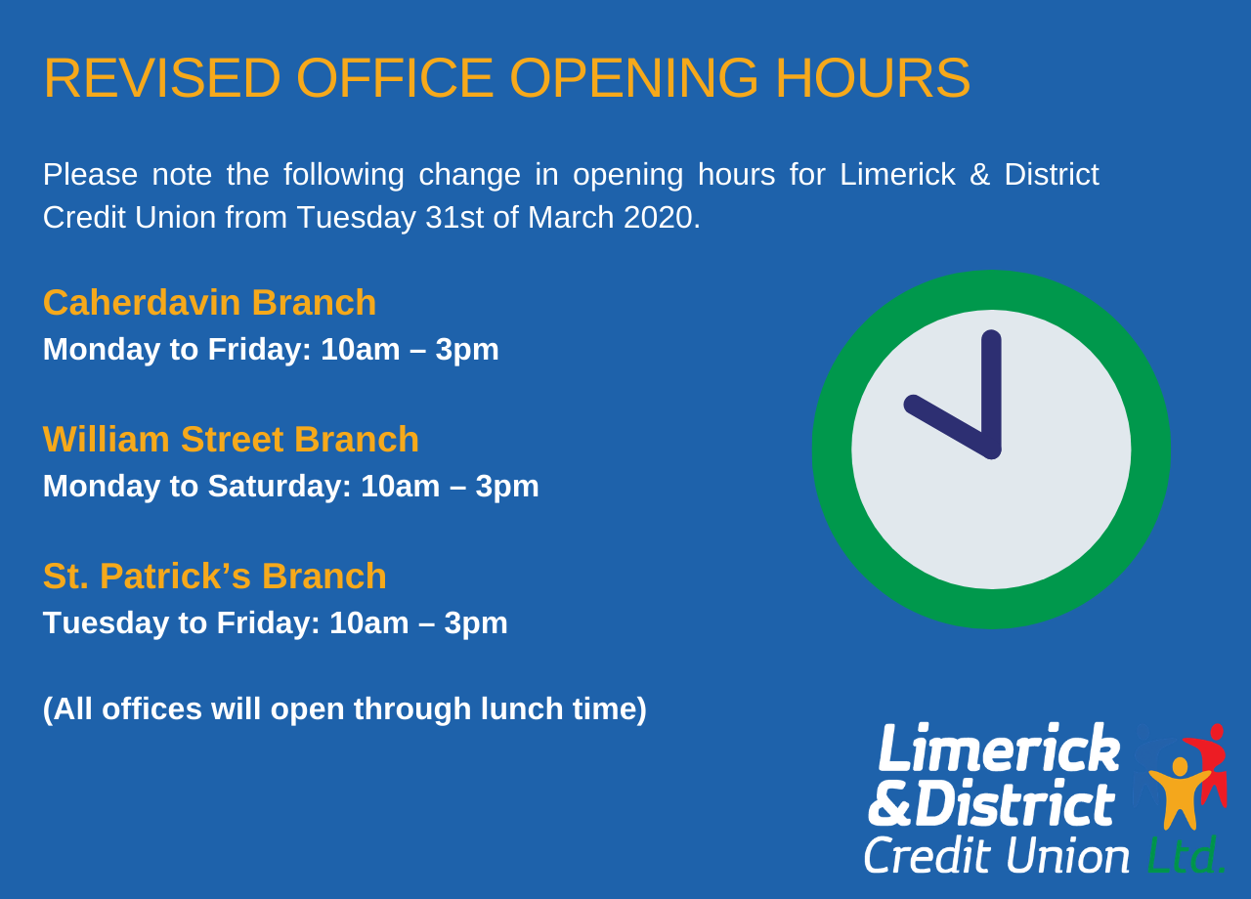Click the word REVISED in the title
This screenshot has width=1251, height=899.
pos(162,78)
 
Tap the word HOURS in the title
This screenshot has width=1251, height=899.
pos(873,78)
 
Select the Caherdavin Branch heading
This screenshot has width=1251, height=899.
pos(209,303)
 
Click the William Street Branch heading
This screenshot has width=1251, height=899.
pos(231,440)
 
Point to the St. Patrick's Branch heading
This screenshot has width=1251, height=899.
pos(215,577)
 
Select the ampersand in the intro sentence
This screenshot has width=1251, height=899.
pos(979,175)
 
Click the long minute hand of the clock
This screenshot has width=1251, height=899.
pos(991,394)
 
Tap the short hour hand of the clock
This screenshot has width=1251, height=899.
pos(948,425)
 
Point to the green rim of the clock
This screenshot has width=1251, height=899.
pos(991,290)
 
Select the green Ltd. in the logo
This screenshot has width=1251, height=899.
pos(1186,855)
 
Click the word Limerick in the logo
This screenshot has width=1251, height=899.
pos(999,748)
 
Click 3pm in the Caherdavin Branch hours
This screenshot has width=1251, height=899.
pos(467,350)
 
